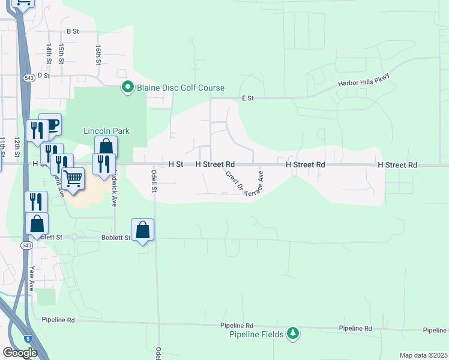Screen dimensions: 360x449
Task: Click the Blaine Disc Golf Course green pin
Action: click(127, 88)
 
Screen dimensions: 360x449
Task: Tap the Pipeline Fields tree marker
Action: click(292, 334)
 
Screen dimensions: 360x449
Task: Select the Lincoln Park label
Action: click(106, 131)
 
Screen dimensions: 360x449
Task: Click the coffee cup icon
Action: click(50, 125)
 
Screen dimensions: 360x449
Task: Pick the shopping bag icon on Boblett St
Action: click(143, 230)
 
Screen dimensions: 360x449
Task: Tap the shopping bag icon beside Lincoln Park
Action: click(106, 147)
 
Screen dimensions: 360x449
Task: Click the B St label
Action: click(73, 31)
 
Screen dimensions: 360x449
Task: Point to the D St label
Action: click(43, 76)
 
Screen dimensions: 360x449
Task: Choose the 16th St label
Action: click(98, 53)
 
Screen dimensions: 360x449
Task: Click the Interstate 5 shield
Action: click(28, 338)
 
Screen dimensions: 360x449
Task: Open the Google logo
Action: click(20, 353)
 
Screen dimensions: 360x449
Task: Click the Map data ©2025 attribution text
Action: click(424, 355)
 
